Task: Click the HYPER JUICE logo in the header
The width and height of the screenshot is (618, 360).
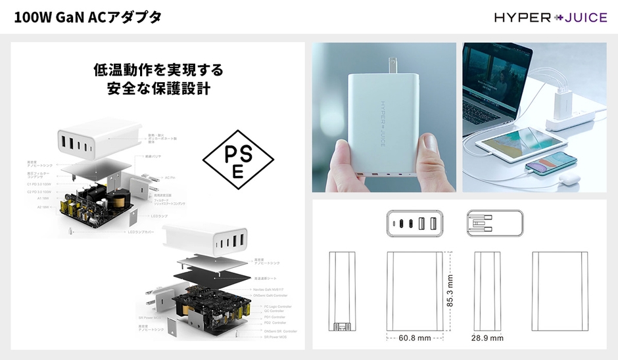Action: pyautogui.click(x=550, y=17)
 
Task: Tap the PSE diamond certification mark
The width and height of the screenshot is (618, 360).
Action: pyautogui.click(x=237, y=158)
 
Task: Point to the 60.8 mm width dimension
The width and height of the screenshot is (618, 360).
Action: pyautogui.click(x=415, y=338)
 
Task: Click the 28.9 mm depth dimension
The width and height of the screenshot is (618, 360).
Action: pyautogui.click(x=487, y=338)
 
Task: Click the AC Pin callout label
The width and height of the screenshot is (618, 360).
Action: pyautogui.click(x=170, y=177)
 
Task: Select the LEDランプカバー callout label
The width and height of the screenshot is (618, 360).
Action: pyautogui.click(x=143, y=232)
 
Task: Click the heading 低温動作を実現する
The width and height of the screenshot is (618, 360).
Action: pyautogui.click(x=158, y=70)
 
